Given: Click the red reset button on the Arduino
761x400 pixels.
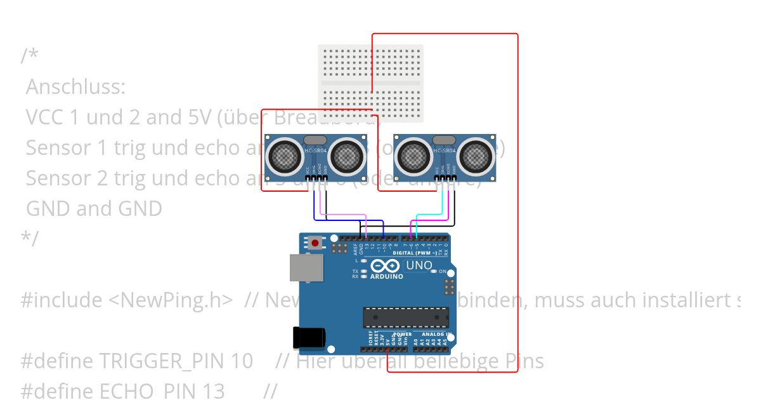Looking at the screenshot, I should coord(315,242).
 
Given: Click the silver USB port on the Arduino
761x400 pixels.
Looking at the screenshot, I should coord(306,267).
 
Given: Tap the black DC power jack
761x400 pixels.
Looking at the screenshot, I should coord(308,337).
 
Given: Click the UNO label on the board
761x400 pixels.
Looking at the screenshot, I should coord(419,265).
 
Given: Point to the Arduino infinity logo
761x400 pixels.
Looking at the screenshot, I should coord(386,266).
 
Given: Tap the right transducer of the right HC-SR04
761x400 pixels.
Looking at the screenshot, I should coord(477,155).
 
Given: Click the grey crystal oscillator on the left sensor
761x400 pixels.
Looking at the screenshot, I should coord(315,140).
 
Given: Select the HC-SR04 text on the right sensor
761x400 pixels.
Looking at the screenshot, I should coord(445,150).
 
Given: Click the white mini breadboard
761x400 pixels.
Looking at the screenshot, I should coord(370,83).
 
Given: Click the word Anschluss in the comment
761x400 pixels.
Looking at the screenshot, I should coord(75,86).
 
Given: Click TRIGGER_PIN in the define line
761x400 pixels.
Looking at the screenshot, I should coord(162,361).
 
